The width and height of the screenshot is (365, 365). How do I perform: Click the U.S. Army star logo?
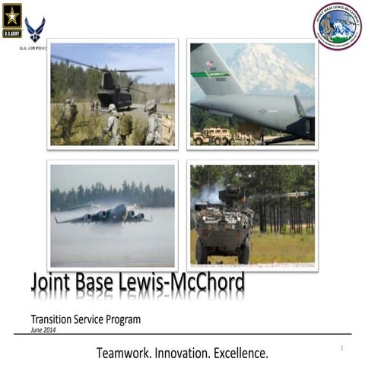pyautogui.click(x=12, y=18)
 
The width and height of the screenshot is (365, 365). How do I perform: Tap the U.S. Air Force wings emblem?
pyautogui.click(x=35, y=30)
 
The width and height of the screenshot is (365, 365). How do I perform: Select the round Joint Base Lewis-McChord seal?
pyautogui.click(x=337, y=25)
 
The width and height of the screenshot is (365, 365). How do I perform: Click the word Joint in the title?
pyautogui.click(x=55, y=283)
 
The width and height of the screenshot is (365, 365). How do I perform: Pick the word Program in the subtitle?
pyautogui.click(x=122, y=320)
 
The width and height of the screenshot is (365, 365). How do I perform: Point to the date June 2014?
pyautogui.click(x=43, y=330)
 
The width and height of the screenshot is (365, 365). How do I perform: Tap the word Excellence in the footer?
pyautogui.click(x=241, y=354)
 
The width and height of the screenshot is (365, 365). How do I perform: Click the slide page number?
pyautogui.click(x=342, y=348)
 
